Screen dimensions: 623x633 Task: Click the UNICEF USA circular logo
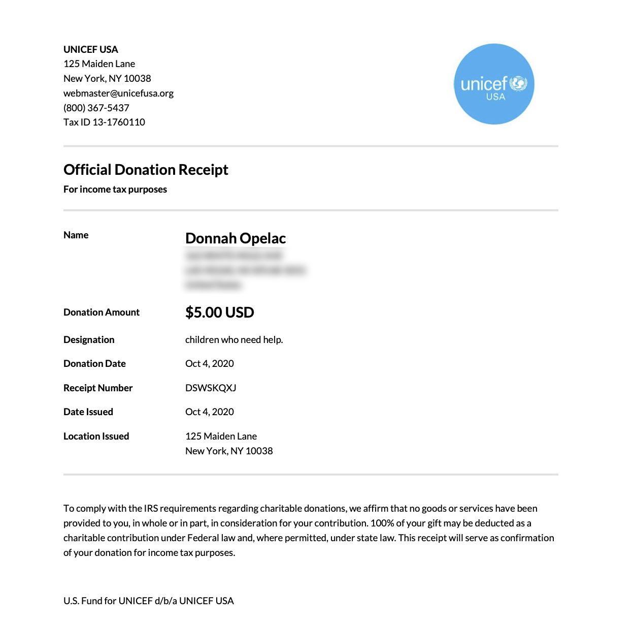point(494,84)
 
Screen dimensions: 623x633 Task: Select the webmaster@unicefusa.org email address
point(118,93)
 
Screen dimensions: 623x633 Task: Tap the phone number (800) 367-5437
point(96,108)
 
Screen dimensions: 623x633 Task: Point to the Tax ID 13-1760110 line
point(104,122)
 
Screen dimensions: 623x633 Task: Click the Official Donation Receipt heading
point(146,169)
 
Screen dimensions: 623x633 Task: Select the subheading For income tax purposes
point(115,189)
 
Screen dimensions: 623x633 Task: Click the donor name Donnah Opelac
point(236,238)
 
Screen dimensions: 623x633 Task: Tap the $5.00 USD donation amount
point(219,312)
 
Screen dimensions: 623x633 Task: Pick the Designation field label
point(89,339)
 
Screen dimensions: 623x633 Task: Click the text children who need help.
point(234,339)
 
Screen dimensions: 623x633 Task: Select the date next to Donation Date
point(210,363)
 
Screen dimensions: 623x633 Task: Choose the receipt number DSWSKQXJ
point(211,388)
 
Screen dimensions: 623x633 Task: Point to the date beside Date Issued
point(210,412)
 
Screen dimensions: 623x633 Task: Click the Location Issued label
point(96,436)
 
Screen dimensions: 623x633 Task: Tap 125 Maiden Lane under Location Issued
point(221,436)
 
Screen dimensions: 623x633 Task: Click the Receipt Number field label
point(98,388)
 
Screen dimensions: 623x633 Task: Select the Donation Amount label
point(102,312)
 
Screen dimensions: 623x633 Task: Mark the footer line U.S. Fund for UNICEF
point(149,601)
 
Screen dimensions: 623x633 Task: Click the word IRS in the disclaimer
point(151,508)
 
